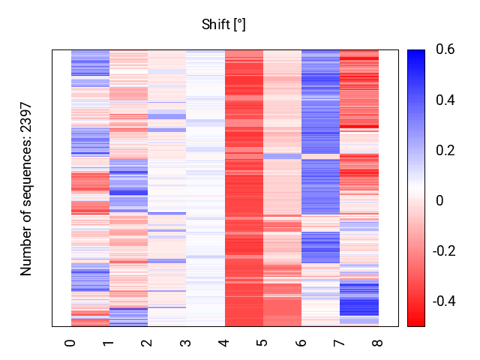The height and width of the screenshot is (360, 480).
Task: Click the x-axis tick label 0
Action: (70, 342)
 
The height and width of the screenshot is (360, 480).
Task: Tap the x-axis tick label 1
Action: (109, 342)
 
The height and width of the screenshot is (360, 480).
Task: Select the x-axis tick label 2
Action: (147, 342)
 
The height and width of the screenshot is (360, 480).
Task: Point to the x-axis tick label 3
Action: (185, 342)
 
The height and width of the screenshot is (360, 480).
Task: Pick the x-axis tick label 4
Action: (224, 342)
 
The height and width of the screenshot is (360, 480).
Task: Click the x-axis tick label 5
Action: (262, 342)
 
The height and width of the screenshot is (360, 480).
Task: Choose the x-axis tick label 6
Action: (301, 342)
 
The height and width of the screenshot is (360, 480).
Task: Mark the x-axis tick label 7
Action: (339, 342)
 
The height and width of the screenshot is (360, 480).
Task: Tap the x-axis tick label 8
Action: (377, 342)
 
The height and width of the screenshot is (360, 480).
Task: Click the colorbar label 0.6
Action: (445, 50)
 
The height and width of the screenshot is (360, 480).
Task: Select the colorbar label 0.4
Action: (445, 100)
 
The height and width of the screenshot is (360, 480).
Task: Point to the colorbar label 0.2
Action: (445, 150)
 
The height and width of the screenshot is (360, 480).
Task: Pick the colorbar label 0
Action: (439, 200)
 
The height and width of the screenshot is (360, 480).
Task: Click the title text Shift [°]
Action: (223, 25)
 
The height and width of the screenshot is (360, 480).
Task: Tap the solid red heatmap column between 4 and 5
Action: (244, 187)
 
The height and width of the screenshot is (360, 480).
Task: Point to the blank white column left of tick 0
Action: (61, 187)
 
